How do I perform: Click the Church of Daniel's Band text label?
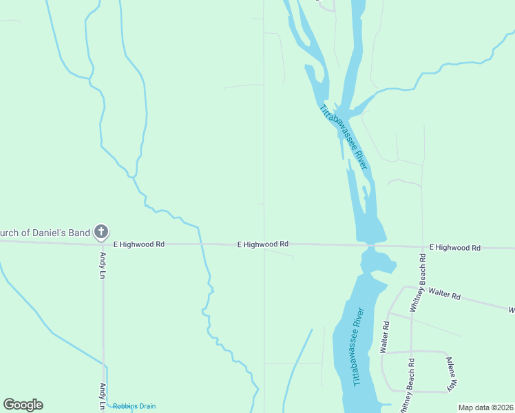coord(45,233)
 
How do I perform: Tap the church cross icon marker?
coord(101,232)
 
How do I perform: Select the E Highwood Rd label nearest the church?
coord(139,244)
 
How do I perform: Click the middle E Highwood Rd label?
coord(262,244)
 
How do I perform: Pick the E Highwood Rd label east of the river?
coord(454,247)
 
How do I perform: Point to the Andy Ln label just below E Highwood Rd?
coord(102,265)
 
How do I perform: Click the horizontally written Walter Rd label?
coord(444,294)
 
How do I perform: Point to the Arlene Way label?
coord(450,374)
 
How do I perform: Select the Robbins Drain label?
coord(134,406)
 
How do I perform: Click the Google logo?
coord(23,405)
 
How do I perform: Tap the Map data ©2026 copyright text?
coord(485,407)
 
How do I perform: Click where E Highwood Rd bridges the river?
coord(370,246)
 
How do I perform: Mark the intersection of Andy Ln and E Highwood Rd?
coord(103,243)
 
